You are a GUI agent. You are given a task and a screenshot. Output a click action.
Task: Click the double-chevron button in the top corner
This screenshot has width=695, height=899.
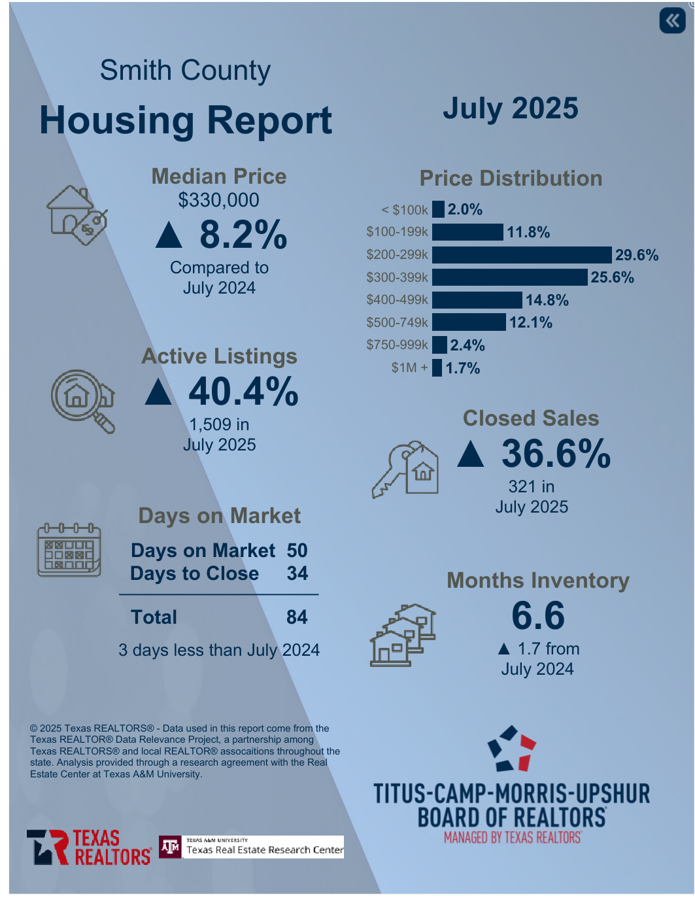coord(672,20)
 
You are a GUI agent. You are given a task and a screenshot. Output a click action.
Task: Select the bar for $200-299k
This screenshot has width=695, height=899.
coord(522,255)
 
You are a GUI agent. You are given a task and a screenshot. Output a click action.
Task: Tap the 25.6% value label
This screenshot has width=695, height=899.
coord(612,277)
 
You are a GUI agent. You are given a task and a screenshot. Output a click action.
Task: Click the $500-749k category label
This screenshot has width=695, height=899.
coord(397,322)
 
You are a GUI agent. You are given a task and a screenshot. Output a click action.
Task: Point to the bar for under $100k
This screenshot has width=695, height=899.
coord(438,209)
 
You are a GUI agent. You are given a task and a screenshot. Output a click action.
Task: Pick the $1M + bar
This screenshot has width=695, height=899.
coord(437,367)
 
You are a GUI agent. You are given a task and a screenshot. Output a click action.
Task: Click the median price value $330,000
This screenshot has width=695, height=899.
coord(218,200)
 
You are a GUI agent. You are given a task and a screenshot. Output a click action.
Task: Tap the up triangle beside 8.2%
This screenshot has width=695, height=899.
coord(169,235)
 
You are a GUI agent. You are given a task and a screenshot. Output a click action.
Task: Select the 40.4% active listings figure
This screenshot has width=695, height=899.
coord(243,392)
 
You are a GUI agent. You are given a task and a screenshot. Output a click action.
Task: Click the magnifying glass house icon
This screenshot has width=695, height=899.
coord(82,400)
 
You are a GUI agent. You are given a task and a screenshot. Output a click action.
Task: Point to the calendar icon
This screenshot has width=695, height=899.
coord(69,550)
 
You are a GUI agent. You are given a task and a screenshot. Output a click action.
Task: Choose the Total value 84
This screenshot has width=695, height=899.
coord(297,617)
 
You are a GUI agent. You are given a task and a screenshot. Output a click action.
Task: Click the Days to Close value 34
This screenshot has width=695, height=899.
coord(297,573)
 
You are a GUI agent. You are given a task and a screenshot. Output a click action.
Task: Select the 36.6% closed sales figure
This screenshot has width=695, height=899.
coord(556,454)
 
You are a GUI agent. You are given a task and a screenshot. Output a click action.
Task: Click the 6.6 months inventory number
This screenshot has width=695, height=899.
coord(537,615)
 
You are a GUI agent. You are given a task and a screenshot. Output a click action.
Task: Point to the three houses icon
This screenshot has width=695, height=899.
coord(403,634)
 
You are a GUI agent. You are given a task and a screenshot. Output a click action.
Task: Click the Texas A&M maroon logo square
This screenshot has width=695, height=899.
coord(171,847)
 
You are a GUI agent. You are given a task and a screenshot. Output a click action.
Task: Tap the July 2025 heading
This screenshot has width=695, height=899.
coord(510,109)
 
